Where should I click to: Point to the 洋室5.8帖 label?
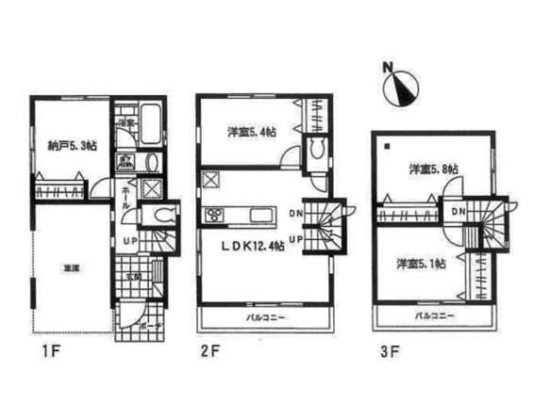tap(433, 169)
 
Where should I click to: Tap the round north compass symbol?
tap(403, 90)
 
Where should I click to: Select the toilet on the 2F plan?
tap(318, 148)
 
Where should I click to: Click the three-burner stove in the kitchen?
tap(214, 216)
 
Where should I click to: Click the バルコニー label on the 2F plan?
tap(266, 318)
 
